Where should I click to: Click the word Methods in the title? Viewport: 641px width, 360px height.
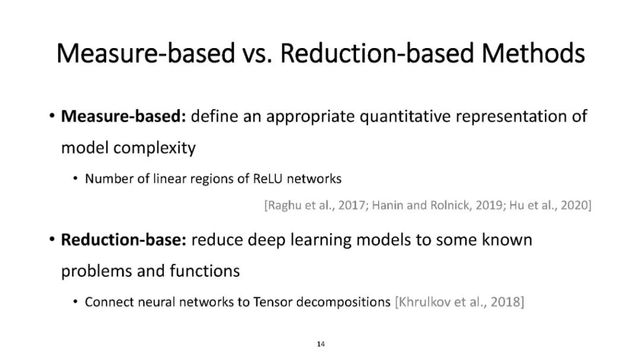pyautogui.click(x=533, y=53)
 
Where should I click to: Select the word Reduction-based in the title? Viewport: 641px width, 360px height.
pyautogui.click(x=376, y=53)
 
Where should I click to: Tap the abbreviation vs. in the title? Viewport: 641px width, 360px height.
pyautogui.click(x=257, y=55)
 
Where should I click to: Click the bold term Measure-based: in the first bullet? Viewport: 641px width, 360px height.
pyautogui.click(x=123, y=116)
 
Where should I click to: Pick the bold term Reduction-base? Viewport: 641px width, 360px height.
pyautogui.click(x=123, y=240)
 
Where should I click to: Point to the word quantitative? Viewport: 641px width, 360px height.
pyautogui.click(x=405, y=117)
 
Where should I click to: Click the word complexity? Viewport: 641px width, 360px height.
pyautogui.click(x=154, y=148)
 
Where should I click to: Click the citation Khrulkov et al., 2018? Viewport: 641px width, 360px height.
pyautogui.click(x=459, y=302)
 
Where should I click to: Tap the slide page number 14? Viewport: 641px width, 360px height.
pyautogui.click(x=321, y=344)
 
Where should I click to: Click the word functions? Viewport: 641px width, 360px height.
pyautogui.click(x=205, y=271)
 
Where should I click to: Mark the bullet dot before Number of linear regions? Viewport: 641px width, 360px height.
pyautogui.click(x=75, y=179)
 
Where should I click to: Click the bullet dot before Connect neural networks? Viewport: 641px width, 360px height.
pyautogui.click(x=75, y=302)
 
